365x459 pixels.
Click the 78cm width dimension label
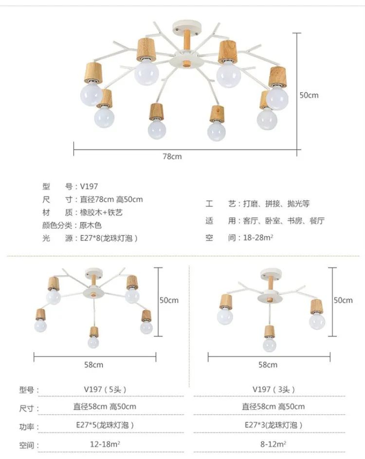pyautogui.click(x=172, y=156)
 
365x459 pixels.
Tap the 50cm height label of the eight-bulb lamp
pyautogui.click(x=309, y=95)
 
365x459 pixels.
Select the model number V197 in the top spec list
pyautogui.click(x=89, y=187)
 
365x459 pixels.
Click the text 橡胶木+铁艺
pyautogui.click(x=101, y=212)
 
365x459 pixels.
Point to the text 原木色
pyautogui.click(x=91, y=225)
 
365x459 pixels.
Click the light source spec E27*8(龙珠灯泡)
pyautogui.click(x=109, y=238)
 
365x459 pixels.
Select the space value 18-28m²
pyautogui.click(x=258, y=238)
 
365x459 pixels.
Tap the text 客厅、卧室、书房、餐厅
pyautogui.click(x=284, y=221)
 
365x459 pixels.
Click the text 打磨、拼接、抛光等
pyautogui.click(x=276, y=204)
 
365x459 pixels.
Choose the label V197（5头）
pyautogui.click(x=105, y=390)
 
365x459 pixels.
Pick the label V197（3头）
pyautogui.click(x=274, y=390)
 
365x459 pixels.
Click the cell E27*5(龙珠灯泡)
pyautogui.click(x=105, y=425)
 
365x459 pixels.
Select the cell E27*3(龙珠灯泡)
pyautogui.click(x=274, y=425)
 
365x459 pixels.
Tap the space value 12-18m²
pyautogui.click(x=105, y=444)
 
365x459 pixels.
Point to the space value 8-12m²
pyautogui.click(x=274, y=444)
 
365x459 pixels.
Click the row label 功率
pyautogui.click(x=27, y=427)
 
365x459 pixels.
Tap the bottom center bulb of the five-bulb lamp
pyautogui.click(x=93, y=342)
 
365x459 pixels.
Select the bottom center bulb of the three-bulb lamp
pyautogui.click(x=269, y=344)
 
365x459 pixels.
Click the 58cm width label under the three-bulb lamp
pyautogui.click(x=268, y=365)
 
